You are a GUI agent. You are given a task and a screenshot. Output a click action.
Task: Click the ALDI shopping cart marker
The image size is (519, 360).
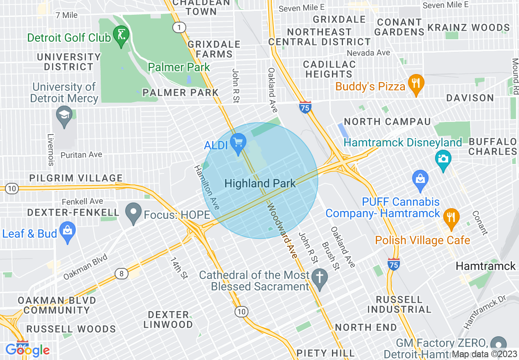[x=238, y=143]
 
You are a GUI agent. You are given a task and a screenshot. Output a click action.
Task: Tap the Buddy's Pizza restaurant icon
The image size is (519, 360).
[x=416, y=84]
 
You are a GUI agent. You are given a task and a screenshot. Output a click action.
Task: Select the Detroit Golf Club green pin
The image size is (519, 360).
[x=121, y=35]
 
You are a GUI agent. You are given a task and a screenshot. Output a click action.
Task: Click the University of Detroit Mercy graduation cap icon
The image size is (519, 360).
[x=65, y=115]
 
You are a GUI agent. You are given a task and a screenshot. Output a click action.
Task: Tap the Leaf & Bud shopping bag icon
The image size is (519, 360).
[x=68, y=232]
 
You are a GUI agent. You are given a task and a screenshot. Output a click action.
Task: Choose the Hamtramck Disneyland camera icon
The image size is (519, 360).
[x=443, y=157]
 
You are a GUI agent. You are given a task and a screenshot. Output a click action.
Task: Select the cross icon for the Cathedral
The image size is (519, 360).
[x=319, y=277]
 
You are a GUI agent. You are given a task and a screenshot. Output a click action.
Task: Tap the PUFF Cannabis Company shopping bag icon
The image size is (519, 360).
[x=420, y=179]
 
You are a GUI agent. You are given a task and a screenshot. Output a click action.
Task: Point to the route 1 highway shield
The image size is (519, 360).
[x=179, y=27]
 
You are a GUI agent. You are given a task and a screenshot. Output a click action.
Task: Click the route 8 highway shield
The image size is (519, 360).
[x=122, y=273]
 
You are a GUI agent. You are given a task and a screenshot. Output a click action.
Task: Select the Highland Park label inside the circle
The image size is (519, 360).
[x=260, y=184]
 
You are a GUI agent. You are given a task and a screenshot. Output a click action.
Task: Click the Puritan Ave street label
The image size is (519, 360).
[x=81, y=155]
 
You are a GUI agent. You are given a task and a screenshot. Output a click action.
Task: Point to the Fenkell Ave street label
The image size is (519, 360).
[x=82, y=202]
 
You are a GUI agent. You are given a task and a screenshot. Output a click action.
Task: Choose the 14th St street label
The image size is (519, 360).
[x=179, y=268]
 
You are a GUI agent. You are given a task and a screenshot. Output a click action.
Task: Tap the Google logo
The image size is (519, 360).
[x=27, y=350]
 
